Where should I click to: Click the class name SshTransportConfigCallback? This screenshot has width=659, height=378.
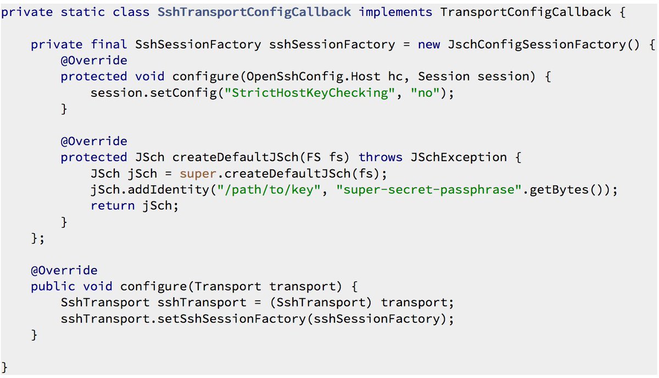254,12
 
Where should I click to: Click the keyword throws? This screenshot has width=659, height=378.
381,157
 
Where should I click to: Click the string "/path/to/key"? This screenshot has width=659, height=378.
283,190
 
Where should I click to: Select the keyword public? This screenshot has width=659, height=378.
53,286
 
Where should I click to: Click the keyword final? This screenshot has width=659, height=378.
105,45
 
